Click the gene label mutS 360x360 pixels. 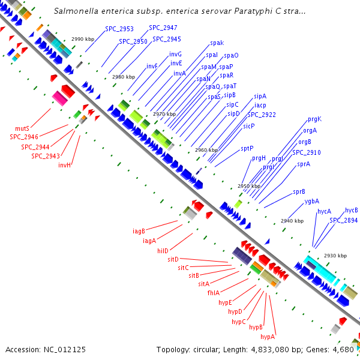(22, 128)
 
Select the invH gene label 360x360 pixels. (65, 165)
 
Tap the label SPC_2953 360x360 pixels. (119, 29)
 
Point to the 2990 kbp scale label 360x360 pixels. (83, 39)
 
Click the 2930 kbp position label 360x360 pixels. (335, 256)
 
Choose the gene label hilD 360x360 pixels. (163, 250)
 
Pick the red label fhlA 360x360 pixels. (214, 293)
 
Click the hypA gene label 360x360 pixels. (268, 337)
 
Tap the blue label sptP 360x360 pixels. (247, 148)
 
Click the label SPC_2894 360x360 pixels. (343, 220)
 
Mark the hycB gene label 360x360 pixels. (351, 210)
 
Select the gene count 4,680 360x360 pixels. (345, 349)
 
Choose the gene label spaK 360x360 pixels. (217, 43)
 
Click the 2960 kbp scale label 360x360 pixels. (206, 150)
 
